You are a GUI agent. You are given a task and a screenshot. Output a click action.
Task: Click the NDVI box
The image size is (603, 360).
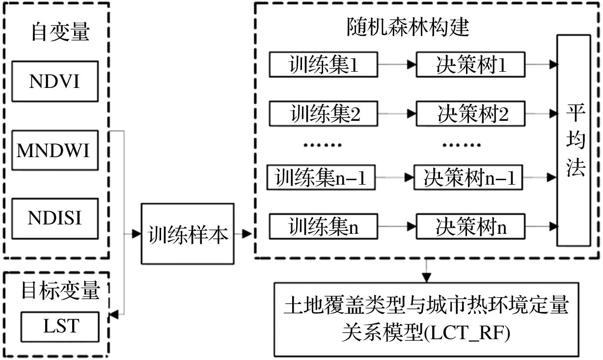point(54,82)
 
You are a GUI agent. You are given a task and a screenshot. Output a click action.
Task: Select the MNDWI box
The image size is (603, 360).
point(54,150)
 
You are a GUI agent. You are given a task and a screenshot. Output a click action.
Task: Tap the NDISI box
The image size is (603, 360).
point(54,218)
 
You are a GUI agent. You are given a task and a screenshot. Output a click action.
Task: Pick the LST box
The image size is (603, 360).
point(60,326)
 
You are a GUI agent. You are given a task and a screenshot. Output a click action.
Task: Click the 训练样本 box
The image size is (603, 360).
point(188,235)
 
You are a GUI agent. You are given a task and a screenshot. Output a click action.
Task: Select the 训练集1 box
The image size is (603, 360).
point(323,65)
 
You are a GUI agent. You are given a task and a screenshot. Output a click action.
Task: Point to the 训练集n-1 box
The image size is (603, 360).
point(321,177)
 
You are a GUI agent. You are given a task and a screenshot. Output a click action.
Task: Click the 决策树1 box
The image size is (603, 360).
point(470,65)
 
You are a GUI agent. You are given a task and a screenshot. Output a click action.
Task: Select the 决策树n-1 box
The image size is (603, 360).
point(470,177)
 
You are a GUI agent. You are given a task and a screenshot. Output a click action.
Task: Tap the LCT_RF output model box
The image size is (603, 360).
point(426,319)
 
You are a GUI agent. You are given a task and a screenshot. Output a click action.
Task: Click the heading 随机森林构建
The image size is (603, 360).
point(407,27)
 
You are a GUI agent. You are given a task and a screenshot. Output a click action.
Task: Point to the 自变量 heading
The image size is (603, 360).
point(60,32)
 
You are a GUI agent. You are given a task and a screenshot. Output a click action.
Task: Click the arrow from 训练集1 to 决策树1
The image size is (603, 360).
point(397,65)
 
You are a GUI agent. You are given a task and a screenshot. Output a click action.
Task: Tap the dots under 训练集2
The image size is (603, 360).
point(323,145)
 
